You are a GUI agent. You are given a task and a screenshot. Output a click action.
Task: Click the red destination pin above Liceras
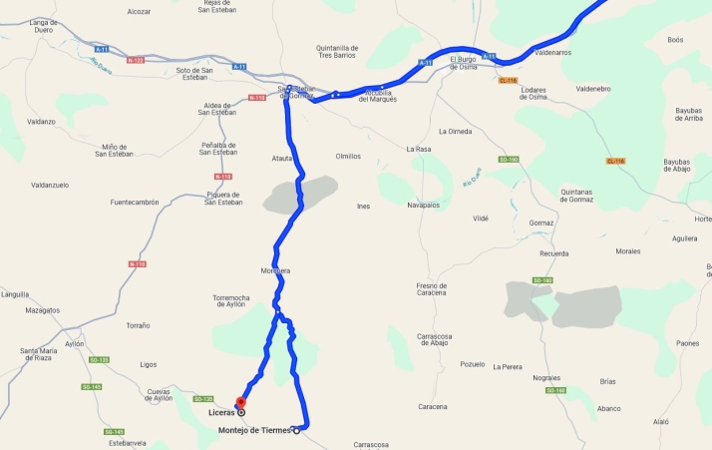pos(240,402)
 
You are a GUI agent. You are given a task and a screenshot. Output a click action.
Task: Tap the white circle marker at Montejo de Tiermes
pos(296,431)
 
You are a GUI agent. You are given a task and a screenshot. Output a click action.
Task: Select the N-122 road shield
pos(136,60)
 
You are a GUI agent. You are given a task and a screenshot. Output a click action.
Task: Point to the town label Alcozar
pos(139,11)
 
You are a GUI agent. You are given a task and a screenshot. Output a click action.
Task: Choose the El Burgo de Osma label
pos(465,62)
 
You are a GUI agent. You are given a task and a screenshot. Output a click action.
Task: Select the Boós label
pos(675,40)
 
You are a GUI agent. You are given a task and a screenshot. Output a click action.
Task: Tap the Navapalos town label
pos(424,205)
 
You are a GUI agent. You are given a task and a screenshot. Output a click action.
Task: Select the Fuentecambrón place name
pos(135,202)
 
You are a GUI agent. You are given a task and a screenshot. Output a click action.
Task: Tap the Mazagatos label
pos(43,310)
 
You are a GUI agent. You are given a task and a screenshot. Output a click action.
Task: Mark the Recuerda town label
pos(554,253)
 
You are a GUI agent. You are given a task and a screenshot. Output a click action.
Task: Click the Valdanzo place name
pos(41,122)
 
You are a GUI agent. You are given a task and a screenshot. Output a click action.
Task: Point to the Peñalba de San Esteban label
pos(218,148)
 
